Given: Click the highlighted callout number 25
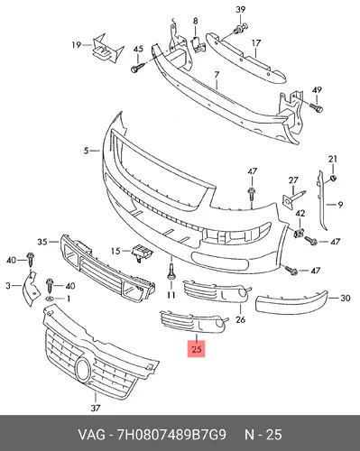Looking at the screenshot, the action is coord(196,349).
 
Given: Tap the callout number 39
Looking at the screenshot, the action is coord(240,10).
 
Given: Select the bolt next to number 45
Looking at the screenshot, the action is coord(137,68).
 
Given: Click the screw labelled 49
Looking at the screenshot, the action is coord(317,107).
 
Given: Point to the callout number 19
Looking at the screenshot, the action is coord(77,45).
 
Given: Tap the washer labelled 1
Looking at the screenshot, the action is coord(51,299).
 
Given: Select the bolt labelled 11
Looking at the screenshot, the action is coord(171,271).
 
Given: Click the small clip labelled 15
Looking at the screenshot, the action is coord(141,253).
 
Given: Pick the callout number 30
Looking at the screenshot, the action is coord(346,298).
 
